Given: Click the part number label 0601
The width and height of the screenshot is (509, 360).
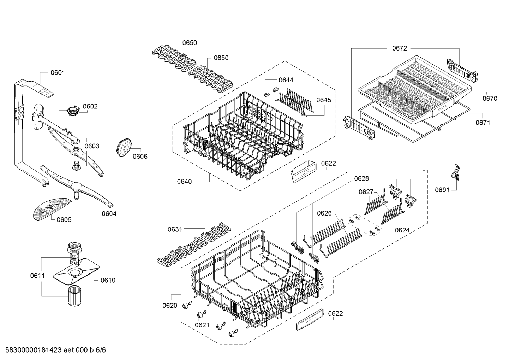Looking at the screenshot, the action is [x=58, y=73].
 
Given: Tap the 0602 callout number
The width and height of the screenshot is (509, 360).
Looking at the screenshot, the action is [x=90, y=106].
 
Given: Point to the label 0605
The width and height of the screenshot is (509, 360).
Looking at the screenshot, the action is [x=64, y=220].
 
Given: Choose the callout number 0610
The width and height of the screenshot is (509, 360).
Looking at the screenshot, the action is [x=108, y=280].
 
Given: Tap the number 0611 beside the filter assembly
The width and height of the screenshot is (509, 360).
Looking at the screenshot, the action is [x=37, y=276].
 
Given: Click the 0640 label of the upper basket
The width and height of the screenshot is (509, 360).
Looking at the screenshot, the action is [x=185, y=182].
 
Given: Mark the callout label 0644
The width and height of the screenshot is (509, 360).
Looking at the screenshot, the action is [x=286, y=80].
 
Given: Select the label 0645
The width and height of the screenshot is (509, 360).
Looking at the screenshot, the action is [x=324, y=100].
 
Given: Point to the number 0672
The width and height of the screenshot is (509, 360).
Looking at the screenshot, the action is [x=400, y=48].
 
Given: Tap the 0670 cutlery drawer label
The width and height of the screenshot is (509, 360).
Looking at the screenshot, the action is [x=490, y=99].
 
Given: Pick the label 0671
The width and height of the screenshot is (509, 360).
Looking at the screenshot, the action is [x=483, y=123].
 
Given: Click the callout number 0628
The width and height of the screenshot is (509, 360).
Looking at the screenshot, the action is [x=361, y=179].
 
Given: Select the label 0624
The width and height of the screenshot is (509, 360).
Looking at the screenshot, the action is [x=402, y=230].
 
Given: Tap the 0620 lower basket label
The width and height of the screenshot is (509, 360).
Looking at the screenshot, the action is [x=170, y=306].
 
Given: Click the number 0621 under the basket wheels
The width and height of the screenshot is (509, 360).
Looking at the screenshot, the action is [x=202, y=325].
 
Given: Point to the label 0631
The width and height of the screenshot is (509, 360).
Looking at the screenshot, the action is [x=175, y=230].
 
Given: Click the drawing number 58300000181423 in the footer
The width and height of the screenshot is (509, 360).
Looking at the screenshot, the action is [x=34, y=350].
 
